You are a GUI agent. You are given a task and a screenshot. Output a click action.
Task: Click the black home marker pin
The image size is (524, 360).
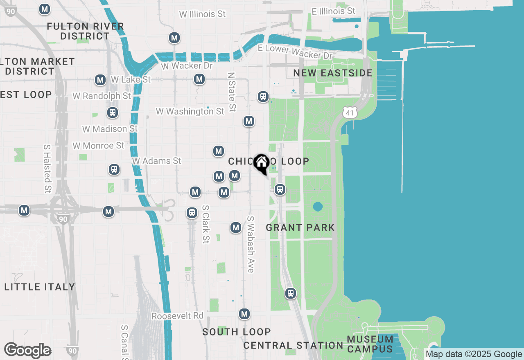[261, 164]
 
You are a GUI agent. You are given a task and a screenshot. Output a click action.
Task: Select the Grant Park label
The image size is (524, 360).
[300, 227]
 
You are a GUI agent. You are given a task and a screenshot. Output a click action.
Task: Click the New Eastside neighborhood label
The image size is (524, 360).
[333, 73]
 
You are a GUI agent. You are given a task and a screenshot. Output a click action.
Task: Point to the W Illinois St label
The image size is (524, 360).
[202, 14]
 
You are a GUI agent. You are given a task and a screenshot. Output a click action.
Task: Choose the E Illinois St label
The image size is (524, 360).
[334, 11]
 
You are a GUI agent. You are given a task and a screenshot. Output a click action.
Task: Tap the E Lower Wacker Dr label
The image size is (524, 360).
[296, 51]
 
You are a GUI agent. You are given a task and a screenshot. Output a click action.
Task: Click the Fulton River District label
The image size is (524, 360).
[85, 31]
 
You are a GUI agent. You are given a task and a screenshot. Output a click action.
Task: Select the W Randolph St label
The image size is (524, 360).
[102, 96]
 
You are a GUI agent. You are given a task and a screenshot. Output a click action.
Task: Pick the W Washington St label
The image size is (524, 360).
[190, 111]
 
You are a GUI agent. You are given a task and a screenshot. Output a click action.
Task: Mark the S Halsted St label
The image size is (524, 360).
[47, 168]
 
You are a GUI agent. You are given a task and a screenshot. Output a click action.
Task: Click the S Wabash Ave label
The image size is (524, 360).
[251, 244]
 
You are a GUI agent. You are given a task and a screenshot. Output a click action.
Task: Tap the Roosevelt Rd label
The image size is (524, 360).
[177, 316]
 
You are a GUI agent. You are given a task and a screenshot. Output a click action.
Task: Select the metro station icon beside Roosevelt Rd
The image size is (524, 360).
[245, 314]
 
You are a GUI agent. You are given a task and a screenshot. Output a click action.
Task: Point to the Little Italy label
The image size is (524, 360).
[40, 287]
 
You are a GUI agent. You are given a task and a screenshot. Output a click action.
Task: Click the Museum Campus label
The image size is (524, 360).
[370, 344]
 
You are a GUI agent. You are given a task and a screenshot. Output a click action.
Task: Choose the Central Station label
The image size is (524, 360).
[293, 345]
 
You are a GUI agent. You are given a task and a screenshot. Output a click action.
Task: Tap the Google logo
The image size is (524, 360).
[28, 350]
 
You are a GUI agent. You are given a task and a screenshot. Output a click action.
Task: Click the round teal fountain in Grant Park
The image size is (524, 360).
[318, 206]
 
